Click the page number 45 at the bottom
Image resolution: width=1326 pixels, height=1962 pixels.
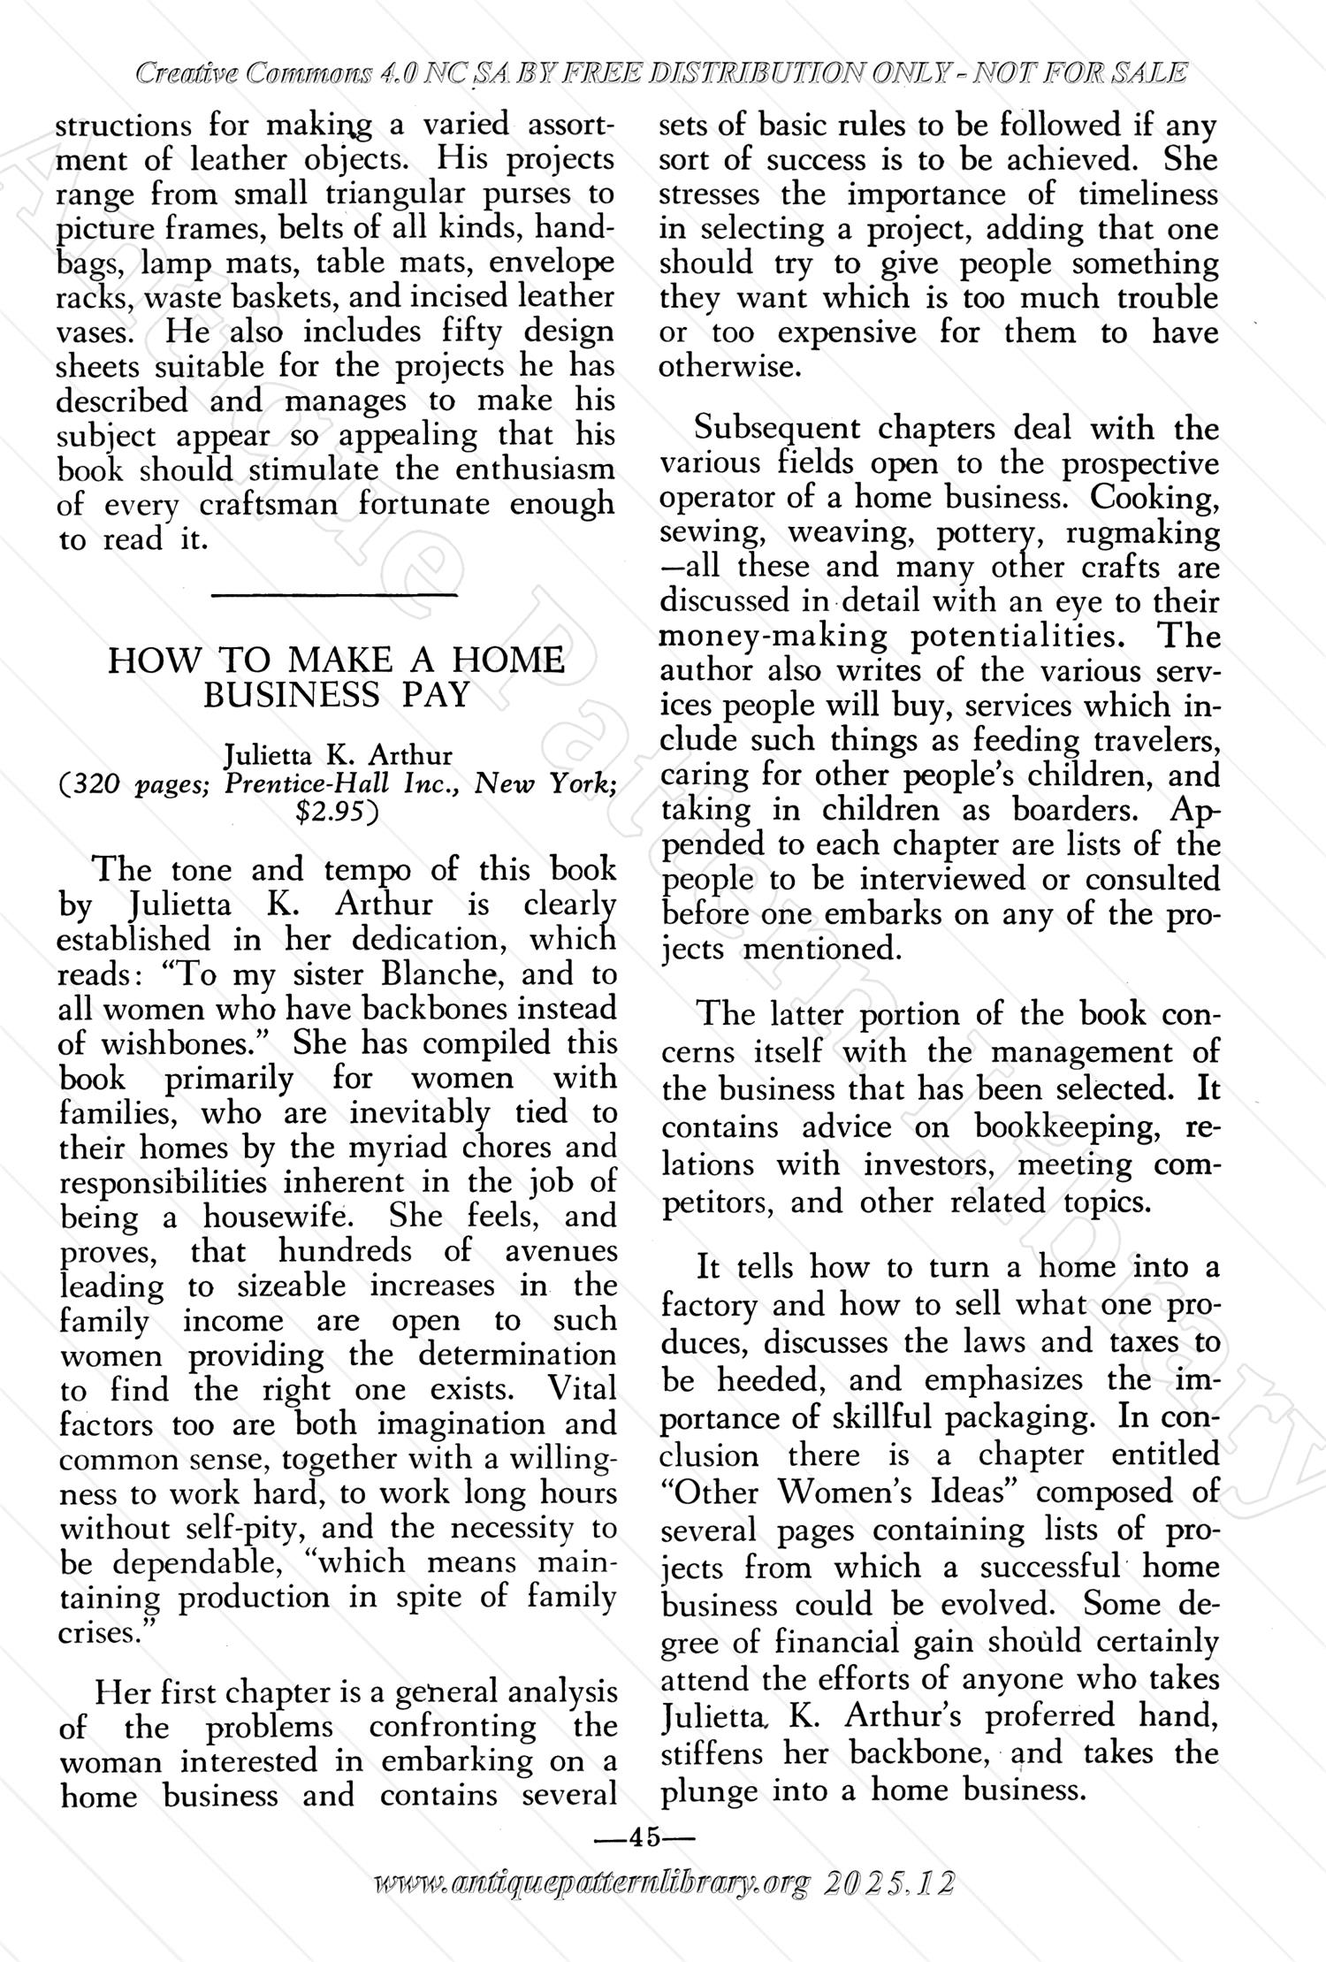coord(644,1837)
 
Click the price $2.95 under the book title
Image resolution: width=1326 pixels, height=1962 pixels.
coord(335,812)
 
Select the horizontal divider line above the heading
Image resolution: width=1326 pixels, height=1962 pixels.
coord(335,599)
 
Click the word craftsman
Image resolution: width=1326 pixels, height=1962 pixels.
coord(268,505)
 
